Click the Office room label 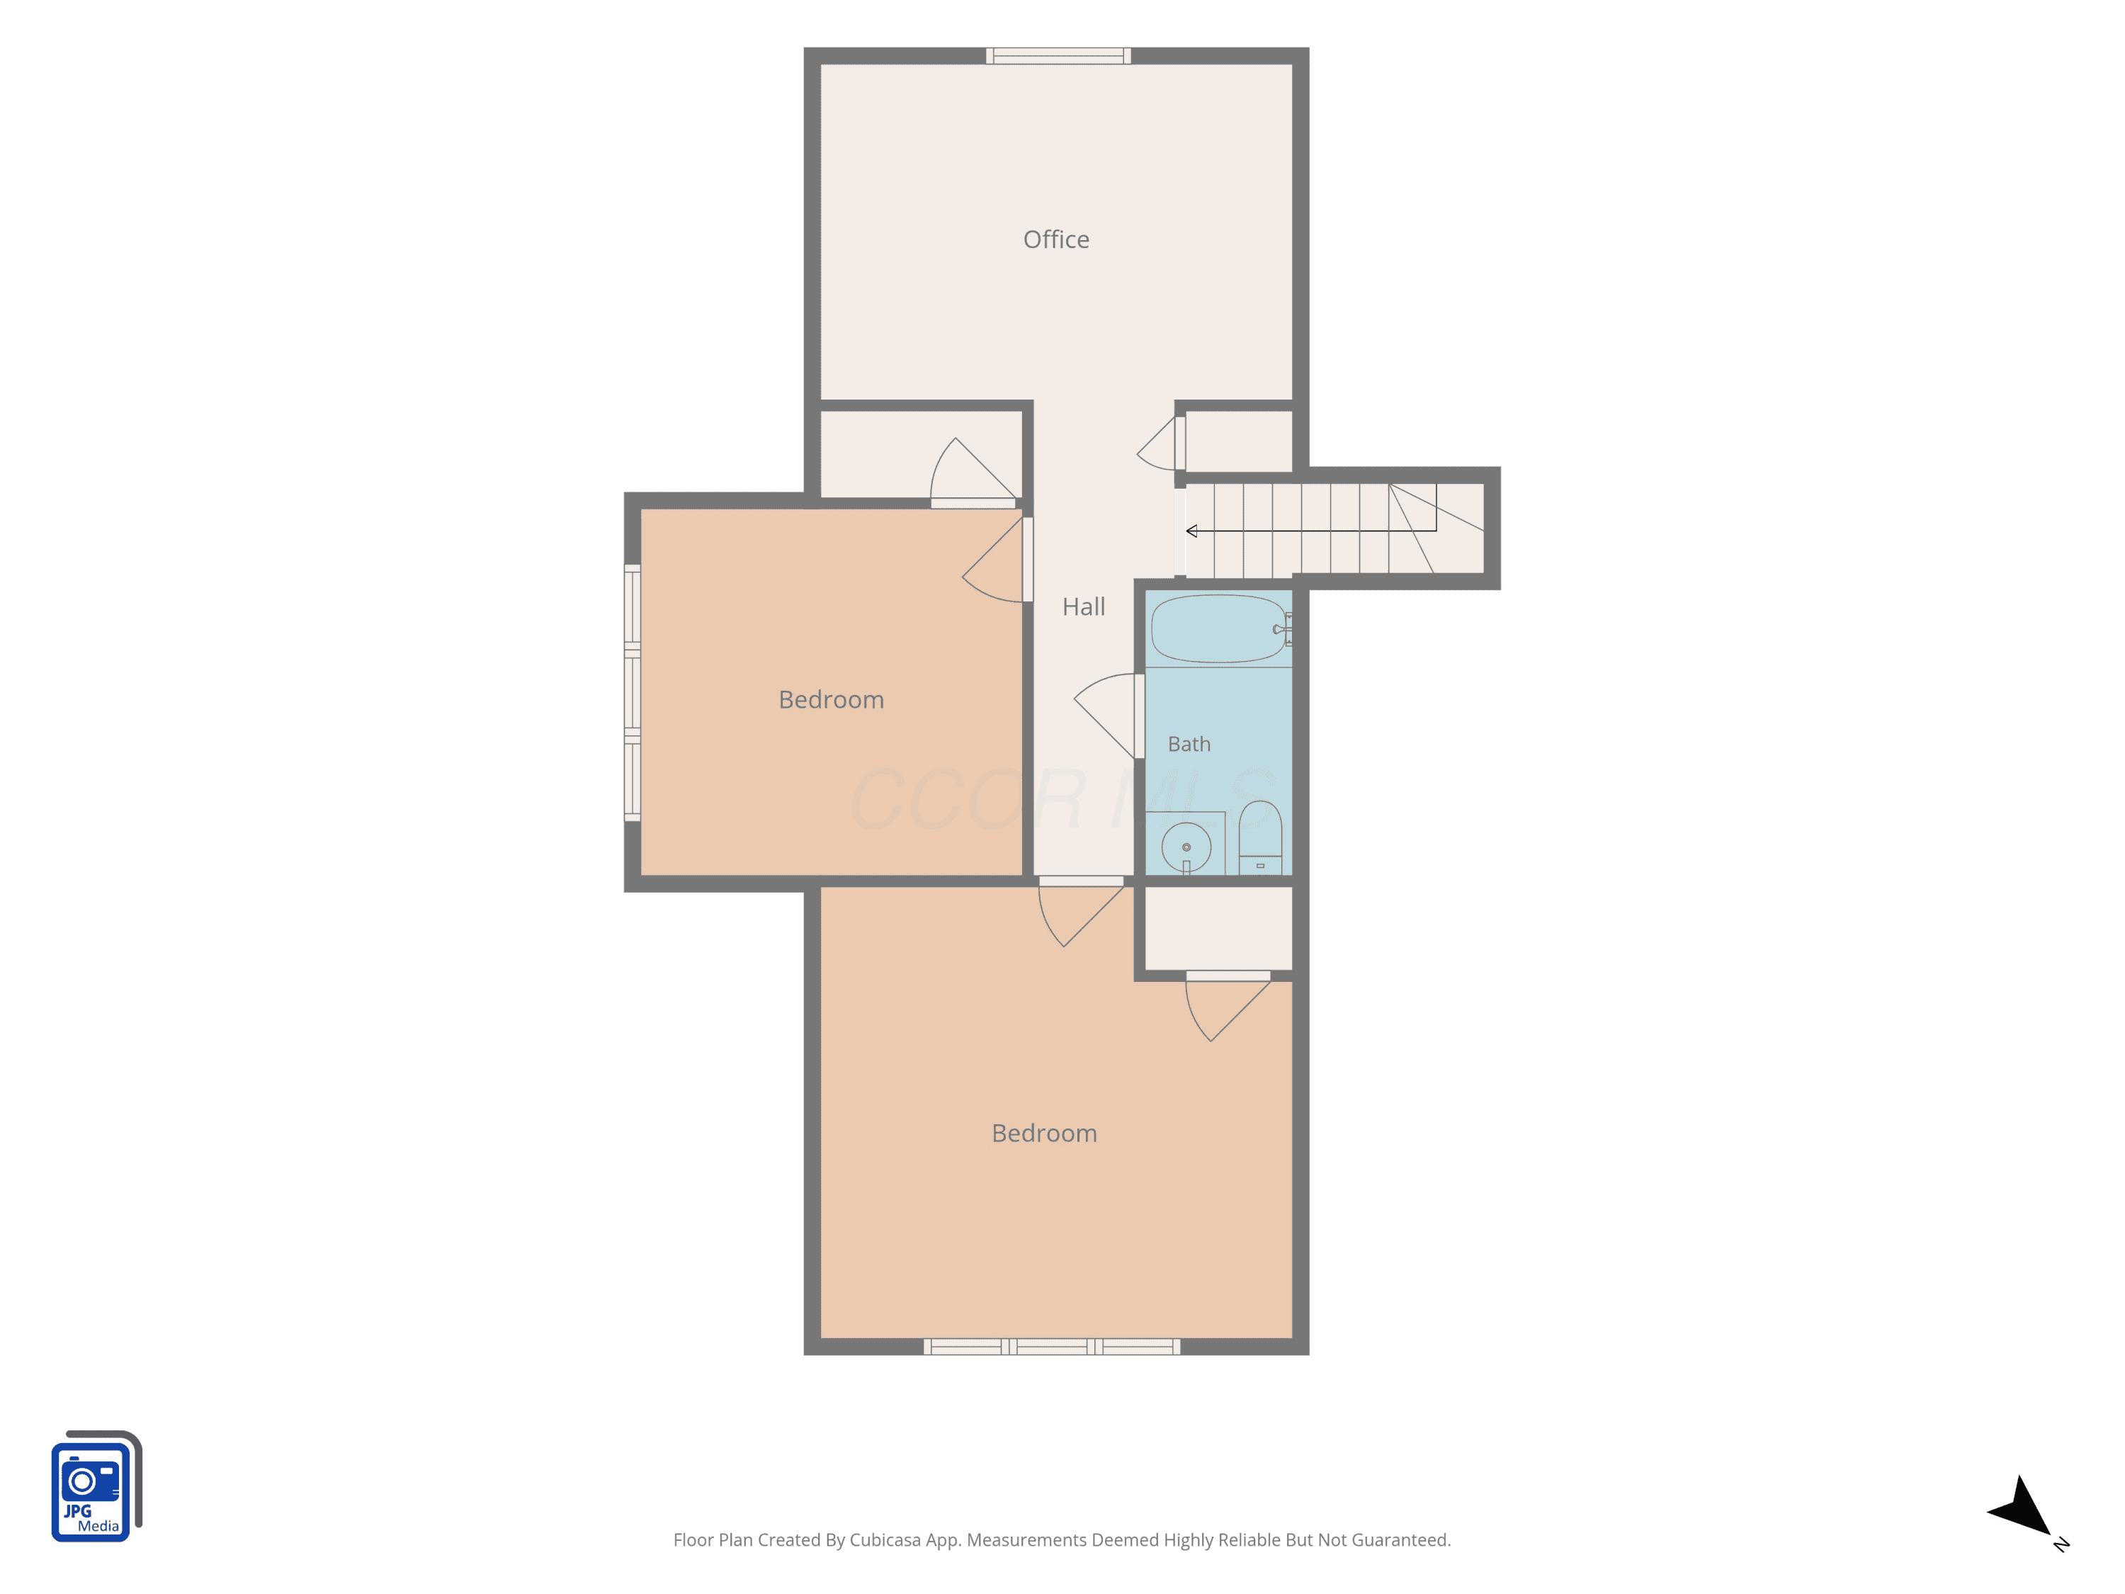[x=1056, y=239]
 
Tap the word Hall [x=1084, y=606]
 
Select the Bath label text [x=1189, y=744]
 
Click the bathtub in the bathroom [x=1218, y=629]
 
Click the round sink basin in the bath [x=1186, y=847]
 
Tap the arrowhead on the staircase [x=1191, y=531]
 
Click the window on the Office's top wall [x=1058, y=56]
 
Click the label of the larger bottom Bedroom [x=1044, y=1133]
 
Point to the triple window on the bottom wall [x=1052, y=1346]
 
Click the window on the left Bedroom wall [x=632, y=693]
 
